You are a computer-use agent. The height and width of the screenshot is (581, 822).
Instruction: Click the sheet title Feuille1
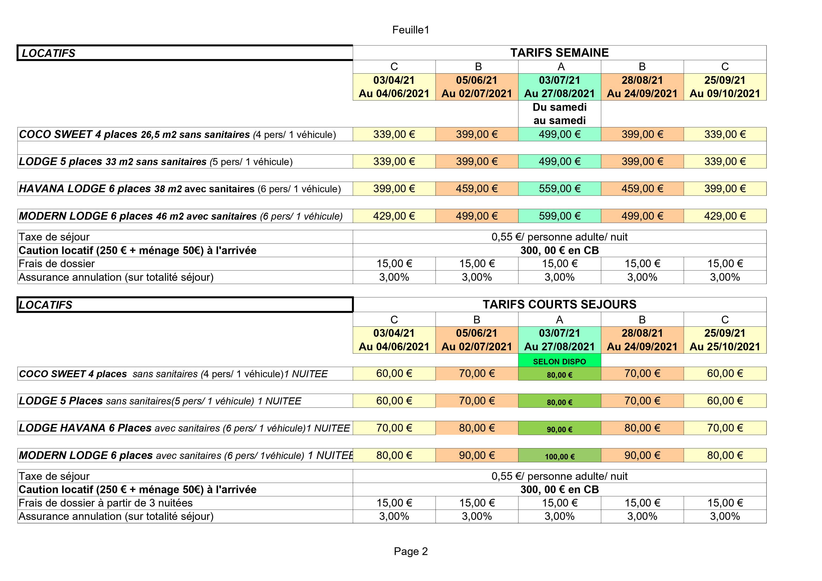point(411,30)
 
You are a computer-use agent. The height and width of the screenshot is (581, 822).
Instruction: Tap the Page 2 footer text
point(411,551)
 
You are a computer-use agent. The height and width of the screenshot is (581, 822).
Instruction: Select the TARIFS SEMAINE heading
point(559,53)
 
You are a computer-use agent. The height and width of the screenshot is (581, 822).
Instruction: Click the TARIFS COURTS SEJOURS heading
point(559,304)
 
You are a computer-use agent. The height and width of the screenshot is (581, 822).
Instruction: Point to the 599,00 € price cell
point(560,216)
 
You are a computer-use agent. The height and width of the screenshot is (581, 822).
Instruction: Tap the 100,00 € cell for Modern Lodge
point(560,456)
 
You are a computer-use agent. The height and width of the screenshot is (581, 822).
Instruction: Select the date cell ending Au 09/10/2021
point(725,87)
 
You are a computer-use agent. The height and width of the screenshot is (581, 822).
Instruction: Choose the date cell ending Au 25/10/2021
point(725,340)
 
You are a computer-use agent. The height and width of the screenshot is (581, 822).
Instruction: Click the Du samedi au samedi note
point(560,114)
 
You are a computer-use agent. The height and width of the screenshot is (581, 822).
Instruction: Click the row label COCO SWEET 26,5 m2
point(177,134)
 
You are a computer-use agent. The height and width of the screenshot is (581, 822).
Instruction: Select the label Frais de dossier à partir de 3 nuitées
point(106,503)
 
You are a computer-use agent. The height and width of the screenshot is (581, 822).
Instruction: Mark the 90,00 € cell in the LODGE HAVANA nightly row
point(560,429)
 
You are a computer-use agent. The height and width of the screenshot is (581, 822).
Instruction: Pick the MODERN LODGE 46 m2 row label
point(181,216)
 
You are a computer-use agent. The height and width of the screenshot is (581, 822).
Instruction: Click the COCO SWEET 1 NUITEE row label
point(173,374)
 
